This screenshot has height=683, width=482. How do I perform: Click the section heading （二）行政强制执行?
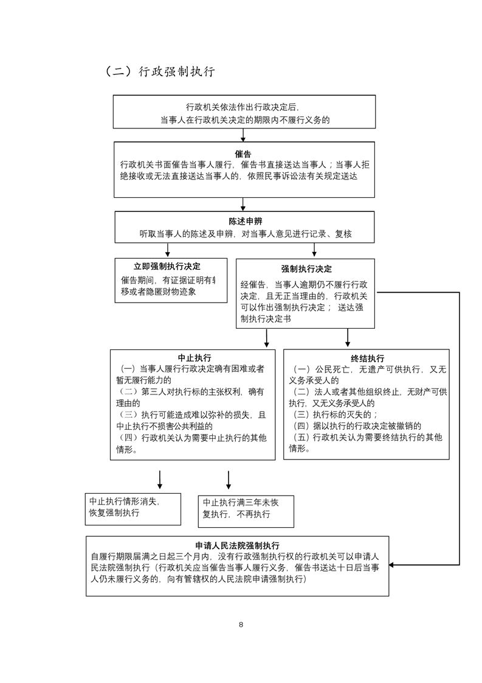[x=160, y=71]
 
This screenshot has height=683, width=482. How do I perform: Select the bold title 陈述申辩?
[x=245, y=221]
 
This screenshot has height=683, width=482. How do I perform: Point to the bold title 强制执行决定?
[x=306, y=268]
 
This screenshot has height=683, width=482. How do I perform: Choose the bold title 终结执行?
[x=367, y=359]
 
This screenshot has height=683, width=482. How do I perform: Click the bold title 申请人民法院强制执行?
[x=237, y=545]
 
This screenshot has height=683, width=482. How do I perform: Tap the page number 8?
[x=241, y=625]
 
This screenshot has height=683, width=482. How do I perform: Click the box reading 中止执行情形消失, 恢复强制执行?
[x=133, y=508]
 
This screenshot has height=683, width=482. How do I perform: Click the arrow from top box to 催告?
[x=243, y=135]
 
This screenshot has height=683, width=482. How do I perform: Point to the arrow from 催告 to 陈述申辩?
[x=243, y=204]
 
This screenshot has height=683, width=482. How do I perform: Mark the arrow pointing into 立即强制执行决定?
[x=168, y=250]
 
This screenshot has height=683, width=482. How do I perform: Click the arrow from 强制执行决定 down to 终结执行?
[x=348, y=337]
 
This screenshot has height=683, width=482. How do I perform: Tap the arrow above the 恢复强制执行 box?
[x=160, y=480]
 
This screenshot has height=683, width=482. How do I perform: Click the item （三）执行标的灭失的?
[x=335, y=415]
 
